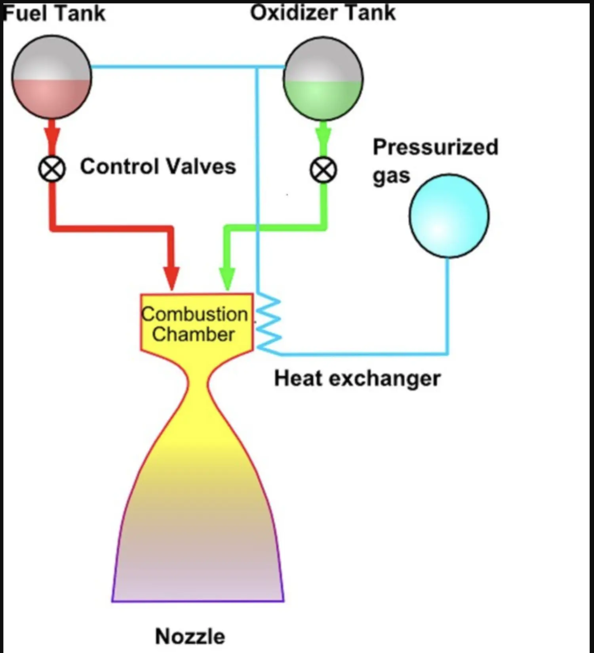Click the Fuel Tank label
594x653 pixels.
pos(54,13)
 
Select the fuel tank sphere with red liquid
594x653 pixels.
pos(51,77)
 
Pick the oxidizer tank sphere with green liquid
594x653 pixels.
pos(323,78)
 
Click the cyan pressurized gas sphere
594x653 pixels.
pos(449,216)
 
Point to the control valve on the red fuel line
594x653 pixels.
pos(52,169)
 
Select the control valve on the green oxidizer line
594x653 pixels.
pos(324,170)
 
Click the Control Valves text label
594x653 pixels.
pos(158,166)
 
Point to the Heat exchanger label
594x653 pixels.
pos(357,378)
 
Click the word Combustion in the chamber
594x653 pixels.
pos(195,314)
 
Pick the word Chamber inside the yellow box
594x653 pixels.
pos(194,334)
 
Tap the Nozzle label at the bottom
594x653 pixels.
pos(190,636)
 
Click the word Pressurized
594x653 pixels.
pos(436,147)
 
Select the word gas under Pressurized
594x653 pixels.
pos(391,176)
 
